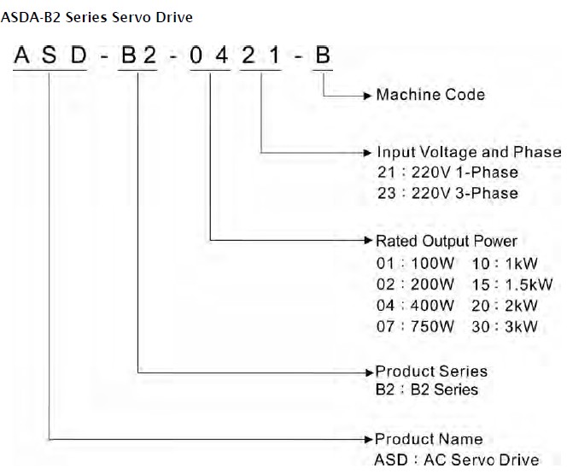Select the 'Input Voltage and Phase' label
[469, 152]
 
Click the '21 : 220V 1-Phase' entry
[447, 173]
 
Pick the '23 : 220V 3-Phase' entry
[447, 193]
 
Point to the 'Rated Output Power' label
[446, 241]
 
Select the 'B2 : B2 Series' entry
[427, 390]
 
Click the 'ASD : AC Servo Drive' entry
[457, 459]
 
